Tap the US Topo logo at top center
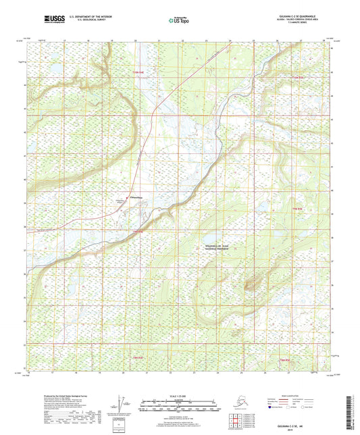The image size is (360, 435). pos(177,21)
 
